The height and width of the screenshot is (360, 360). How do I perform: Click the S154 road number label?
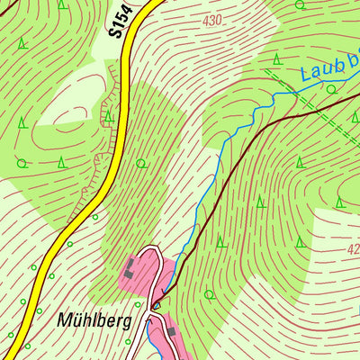[123, 20]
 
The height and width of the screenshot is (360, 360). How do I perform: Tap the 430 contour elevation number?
[212, 19]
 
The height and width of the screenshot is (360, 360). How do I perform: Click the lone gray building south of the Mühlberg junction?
[171, 333]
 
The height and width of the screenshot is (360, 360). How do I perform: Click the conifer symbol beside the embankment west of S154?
[108, 116]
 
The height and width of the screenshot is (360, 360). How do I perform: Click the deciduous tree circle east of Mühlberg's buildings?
[209, 294]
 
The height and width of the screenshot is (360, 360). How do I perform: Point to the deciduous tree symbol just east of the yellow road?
[140, 163]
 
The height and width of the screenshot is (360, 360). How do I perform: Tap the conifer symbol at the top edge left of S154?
[61, 4]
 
